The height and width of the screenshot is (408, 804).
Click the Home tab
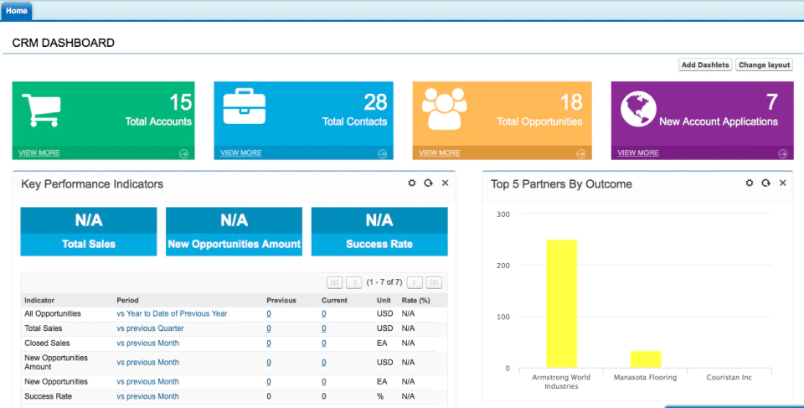17,11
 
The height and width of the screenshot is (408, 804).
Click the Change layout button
764,65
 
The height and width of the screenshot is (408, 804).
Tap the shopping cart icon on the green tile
42,110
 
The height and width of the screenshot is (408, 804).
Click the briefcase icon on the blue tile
245,106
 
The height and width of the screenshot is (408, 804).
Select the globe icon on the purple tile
638,109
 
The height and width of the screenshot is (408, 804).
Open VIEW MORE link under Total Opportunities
440,153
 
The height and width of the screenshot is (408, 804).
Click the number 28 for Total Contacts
375,102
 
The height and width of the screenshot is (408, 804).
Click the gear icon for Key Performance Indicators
412,183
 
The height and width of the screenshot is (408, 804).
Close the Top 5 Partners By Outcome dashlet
782,183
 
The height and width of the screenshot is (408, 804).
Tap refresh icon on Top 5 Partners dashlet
766,183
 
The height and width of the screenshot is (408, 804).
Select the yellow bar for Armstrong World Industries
561,303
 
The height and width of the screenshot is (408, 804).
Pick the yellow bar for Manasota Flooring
646,359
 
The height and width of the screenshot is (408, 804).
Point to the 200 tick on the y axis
502,266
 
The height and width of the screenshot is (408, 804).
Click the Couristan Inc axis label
729,377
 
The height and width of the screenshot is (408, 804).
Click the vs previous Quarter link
150,328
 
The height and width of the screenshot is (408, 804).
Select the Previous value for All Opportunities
269,313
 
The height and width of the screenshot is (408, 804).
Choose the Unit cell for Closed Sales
382,343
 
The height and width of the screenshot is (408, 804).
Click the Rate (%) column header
416,300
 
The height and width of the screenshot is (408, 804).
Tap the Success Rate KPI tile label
379,245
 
